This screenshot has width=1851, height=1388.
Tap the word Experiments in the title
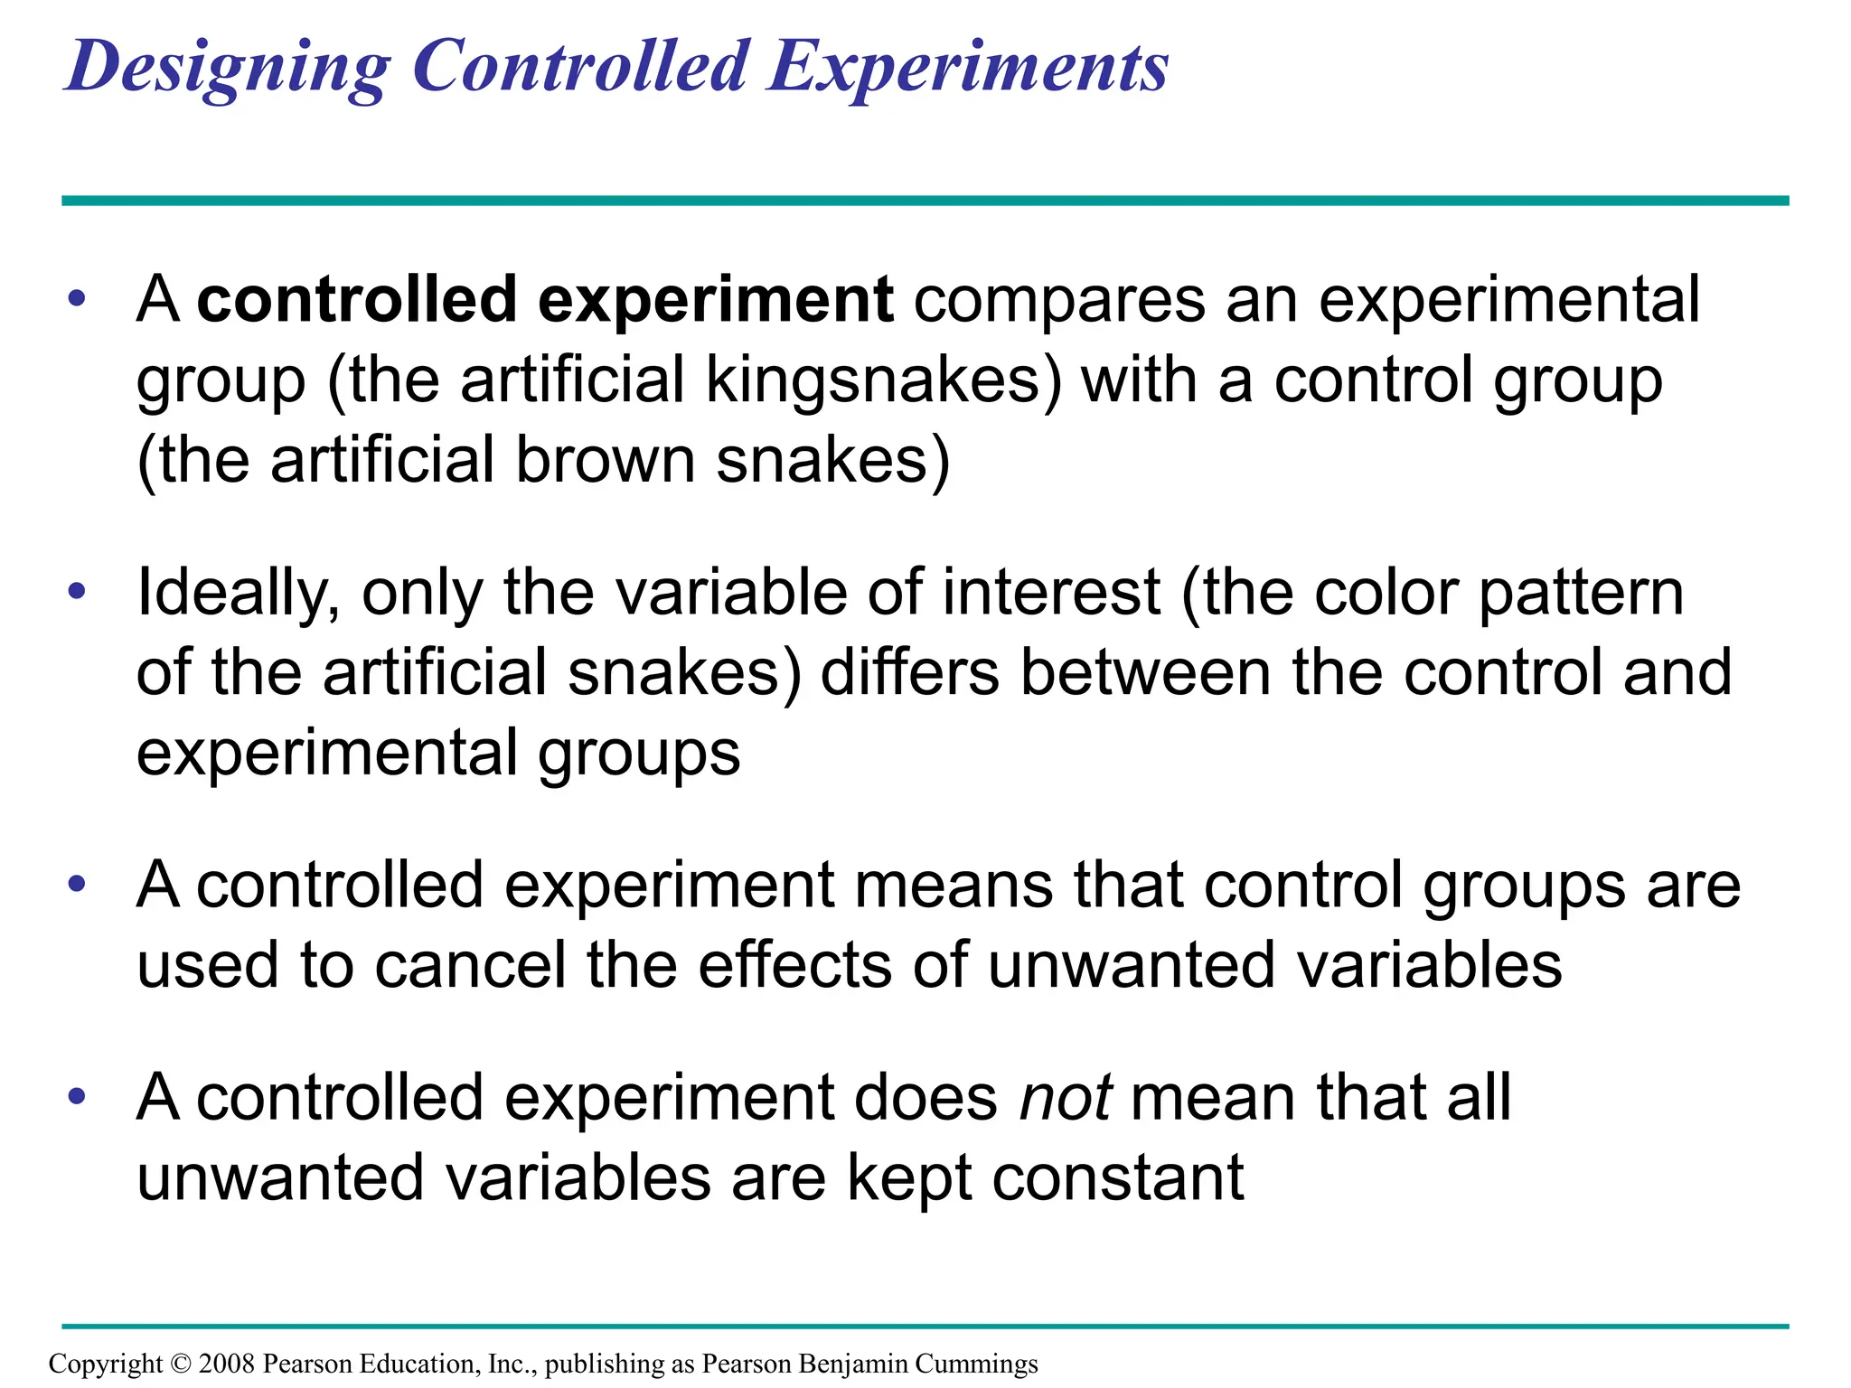click(x=969, y=68)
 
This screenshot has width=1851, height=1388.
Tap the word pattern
click(x=1582, y=594)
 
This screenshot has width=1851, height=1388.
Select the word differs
click(x=910, y=673)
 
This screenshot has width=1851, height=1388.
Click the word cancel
click(x=470, y=965)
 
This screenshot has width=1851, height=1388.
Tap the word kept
click(x=909, y=1178)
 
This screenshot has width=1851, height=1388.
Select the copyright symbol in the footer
click(x=181, y=1364)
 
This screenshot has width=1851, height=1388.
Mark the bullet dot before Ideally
click(x=78, y=593)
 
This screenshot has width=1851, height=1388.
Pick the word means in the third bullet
click(x=954, y=886)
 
